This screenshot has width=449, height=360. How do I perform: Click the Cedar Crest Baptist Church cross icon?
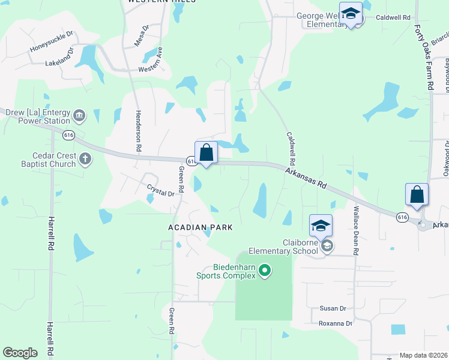tap(85, 159)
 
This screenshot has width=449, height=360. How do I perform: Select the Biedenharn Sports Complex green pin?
tap(265, 272)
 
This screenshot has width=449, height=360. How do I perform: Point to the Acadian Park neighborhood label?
tap(199, 228)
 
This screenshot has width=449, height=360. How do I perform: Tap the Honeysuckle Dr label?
tap(51, 41)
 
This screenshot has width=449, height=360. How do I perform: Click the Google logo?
tap(20, 353)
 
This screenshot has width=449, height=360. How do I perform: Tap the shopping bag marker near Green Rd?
tap(206, 154)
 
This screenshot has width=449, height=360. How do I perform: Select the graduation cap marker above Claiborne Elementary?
tap(321, 227)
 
